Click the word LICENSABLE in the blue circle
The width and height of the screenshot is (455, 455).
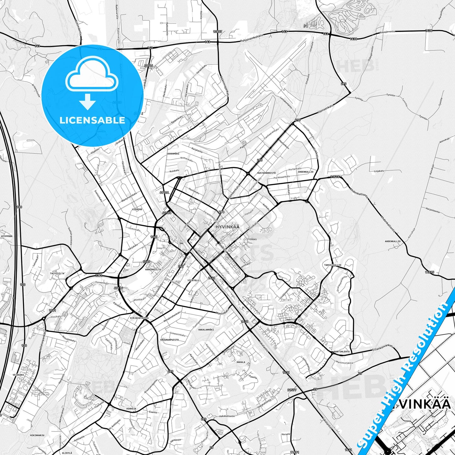point(92,120)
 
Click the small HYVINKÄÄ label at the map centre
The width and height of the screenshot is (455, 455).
point(227,227)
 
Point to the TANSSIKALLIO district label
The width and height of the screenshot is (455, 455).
point(333,265)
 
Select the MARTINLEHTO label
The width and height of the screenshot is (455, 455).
point(341,352)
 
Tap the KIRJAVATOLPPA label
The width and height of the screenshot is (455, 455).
point(139,318)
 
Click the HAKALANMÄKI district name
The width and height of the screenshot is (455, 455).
point(206,330)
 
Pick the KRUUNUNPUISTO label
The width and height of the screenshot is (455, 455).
point(169,340)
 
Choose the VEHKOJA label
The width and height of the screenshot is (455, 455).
point(131,409)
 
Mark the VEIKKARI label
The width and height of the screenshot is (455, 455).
point(19,375)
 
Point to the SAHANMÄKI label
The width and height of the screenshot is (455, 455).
point(173,154)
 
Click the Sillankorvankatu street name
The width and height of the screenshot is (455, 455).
point(383,348)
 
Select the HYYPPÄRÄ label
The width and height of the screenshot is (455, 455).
point(7,236)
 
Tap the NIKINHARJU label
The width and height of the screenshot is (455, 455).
point(37,435)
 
